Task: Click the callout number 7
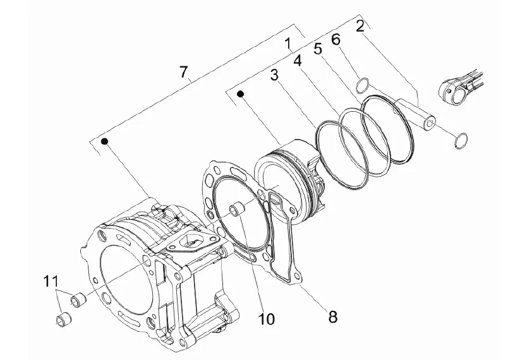click(x=183, y=71)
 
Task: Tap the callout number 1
click(x=288, y=44)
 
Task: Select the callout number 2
click(x=360, y=26)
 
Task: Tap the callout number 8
click(x=332, y=316)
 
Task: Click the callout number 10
click(x=266, y=319)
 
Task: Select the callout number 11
click(x=51, y=281)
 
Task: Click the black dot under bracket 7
click(x=105, y=141)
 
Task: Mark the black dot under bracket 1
click(x=240, y=93)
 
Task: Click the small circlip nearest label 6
click(x=363, y=86)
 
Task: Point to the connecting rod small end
click(x=452, y=89)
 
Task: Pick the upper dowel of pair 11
click(x=78, y=299)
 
